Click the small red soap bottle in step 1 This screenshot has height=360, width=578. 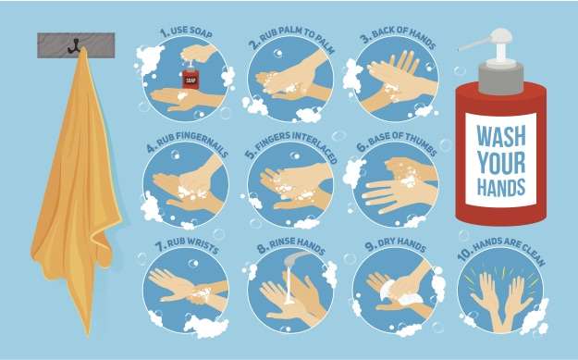(191, 77)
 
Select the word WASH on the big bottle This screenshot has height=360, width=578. (500, 136)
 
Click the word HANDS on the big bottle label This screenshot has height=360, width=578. (500, 187)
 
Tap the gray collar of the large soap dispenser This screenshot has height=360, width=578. (501, 78)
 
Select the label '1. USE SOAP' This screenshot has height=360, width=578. (186, 32)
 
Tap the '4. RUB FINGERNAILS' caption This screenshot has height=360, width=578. (187, 143)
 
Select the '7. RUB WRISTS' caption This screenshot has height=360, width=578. (187, 245)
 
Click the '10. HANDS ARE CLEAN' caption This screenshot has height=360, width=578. (501, 250)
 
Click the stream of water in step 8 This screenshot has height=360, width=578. (289, 284)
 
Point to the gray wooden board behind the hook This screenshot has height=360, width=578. (76, 45)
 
